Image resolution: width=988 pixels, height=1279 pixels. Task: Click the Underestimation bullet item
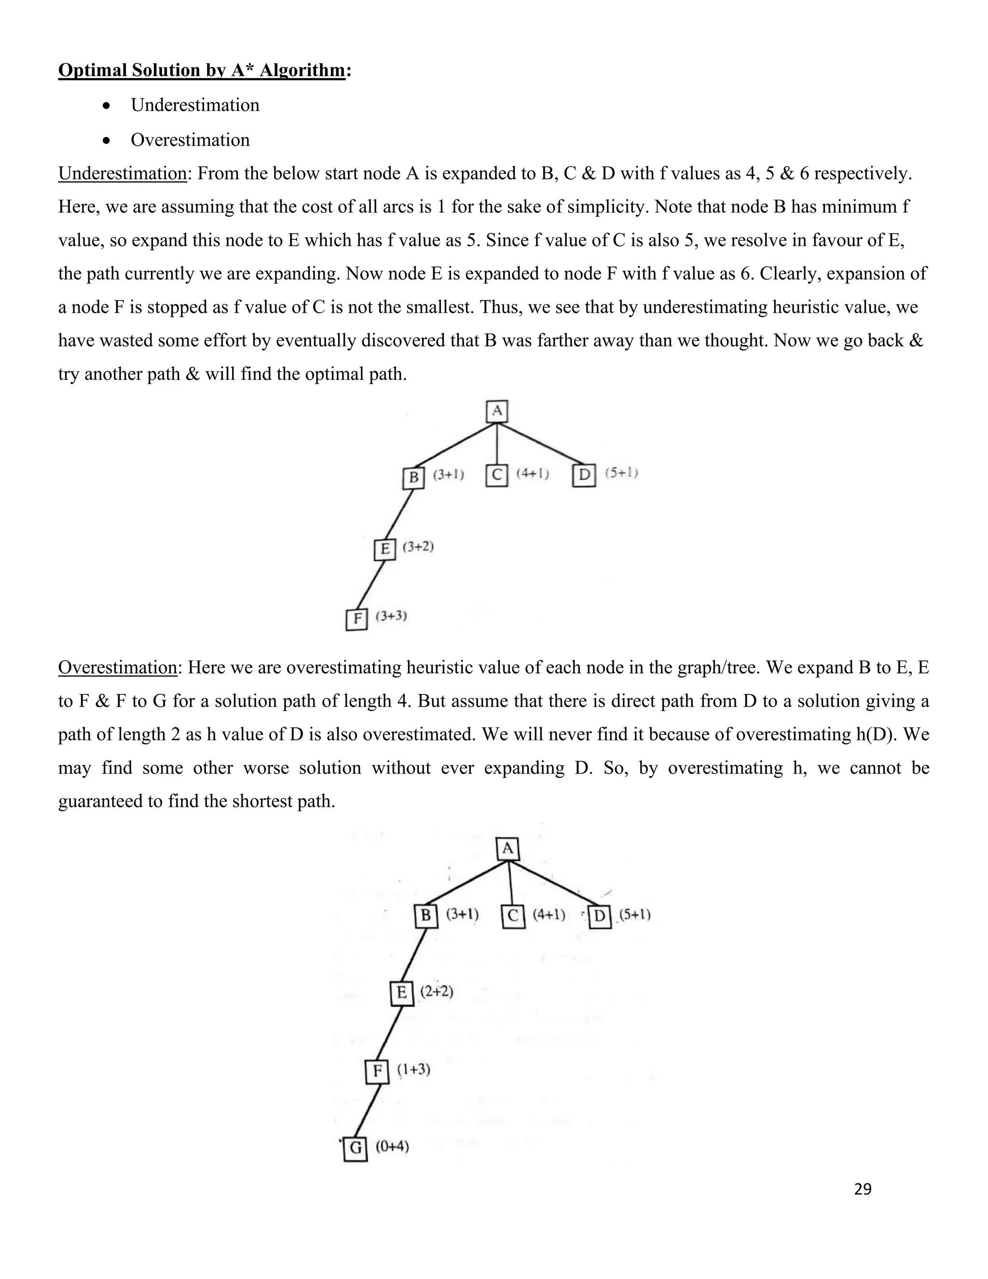[194, 105]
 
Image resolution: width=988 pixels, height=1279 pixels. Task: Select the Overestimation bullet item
[190, 140]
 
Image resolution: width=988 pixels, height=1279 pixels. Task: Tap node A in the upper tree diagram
[497, 411]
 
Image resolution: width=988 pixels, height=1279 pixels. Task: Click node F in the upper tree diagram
[357, 619]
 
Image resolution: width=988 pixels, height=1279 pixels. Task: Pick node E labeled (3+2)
[384, 549]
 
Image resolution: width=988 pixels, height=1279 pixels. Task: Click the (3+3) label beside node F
[391, 615]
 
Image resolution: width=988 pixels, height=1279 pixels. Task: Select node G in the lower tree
[355, 1148]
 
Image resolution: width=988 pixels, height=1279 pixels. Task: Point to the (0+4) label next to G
[392, 1146]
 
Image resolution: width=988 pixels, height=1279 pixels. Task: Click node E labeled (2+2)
[401, 993]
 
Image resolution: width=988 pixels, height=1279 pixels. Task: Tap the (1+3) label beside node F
[414, 1070]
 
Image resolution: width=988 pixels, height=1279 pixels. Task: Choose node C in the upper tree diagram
[497, 475]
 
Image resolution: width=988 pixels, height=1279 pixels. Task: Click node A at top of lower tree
[508, 848]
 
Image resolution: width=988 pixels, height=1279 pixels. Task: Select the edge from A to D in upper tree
[541, 444]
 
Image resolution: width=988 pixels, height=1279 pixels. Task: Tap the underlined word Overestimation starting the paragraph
[117, 667]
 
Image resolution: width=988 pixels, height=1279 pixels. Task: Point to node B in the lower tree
[425, 915]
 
